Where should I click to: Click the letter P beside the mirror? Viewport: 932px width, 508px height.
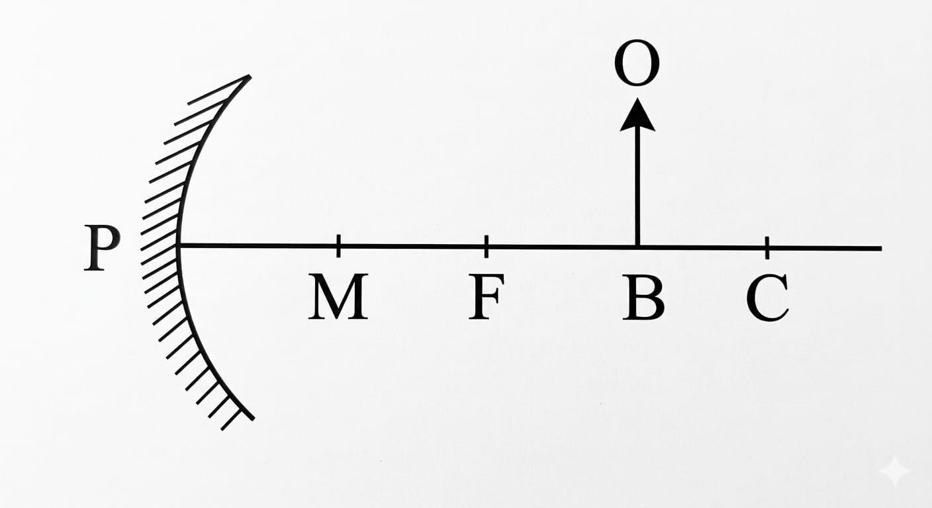point(103,247)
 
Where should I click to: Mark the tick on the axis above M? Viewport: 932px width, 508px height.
point(338,245)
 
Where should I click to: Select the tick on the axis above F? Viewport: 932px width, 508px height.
point(487,246)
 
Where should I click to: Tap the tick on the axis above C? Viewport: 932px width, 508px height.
point(767,247)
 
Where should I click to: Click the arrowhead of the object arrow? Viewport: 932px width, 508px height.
point(637,115)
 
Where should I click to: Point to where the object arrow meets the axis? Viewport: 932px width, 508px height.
point(637,247)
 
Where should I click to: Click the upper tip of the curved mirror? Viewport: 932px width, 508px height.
point(250,77)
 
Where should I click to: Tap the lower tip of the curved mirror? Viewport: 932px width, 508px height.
point(252,418)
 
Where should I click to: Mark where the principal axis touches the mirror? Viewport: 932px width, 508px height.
point(180,245)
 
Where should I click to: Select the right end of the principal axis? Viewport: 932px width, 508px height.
point(880,248)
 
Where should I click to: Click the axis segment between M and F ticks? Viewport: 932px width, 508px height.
point(412,246)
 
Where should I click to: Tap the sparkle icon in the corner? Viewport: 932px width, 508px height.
point(894,472)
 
